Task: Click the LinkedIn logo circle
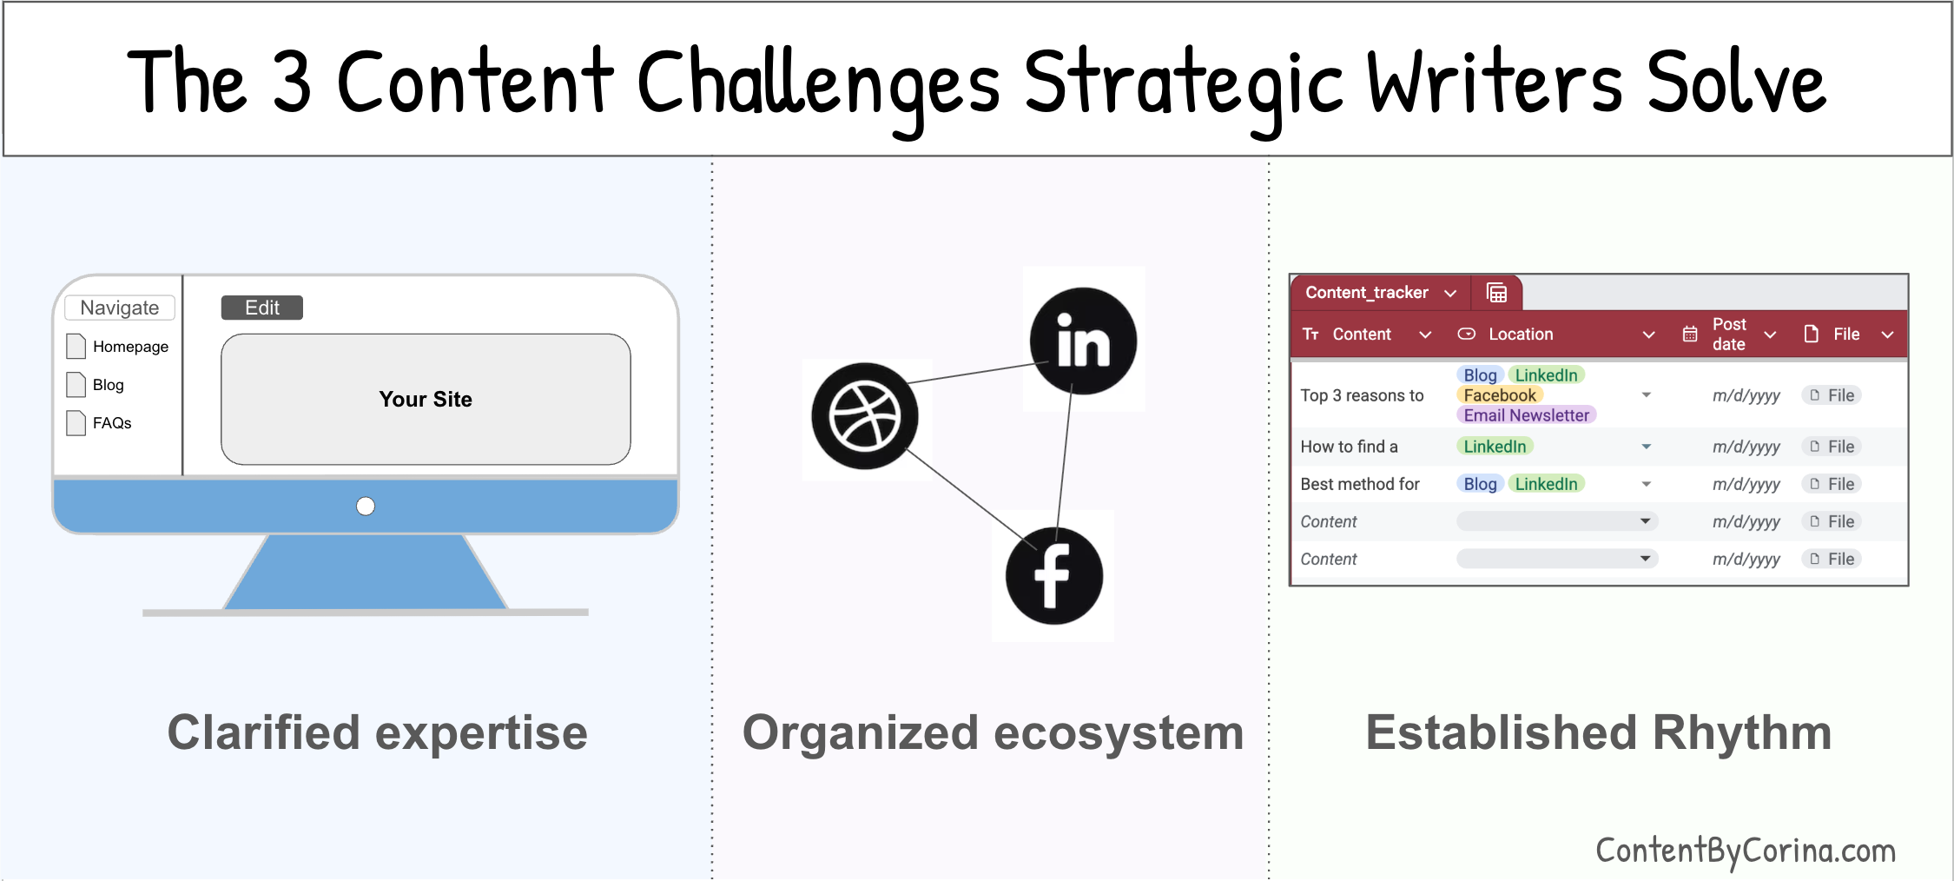(1083, 341)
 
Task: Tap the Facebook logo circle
(1053, 575)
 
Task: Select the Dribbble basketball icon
(864, 416)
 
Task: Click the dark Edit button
(261, 308)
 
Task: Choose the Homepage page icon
(76, 346)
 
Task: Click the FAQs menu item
(112, 423)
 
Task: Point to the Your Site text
(426, 399)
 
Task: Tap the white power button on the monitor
(366, 506)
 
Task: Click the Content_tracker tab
(1367, 293)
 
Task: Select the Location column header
(1521, 335)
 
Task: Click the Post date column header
(1728, 335)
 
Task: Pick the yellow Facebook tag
(1500, 395)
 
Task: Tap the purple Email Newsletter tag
(1526, 415)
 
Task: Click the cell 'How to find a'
(1349, 447)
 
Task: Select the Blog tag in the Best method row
(1480, 484)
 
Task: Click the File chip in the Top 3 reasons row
(1832, 395)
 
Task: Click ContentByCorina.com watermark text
(1746, 850)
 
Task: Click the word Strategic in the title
(1183, 83)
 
